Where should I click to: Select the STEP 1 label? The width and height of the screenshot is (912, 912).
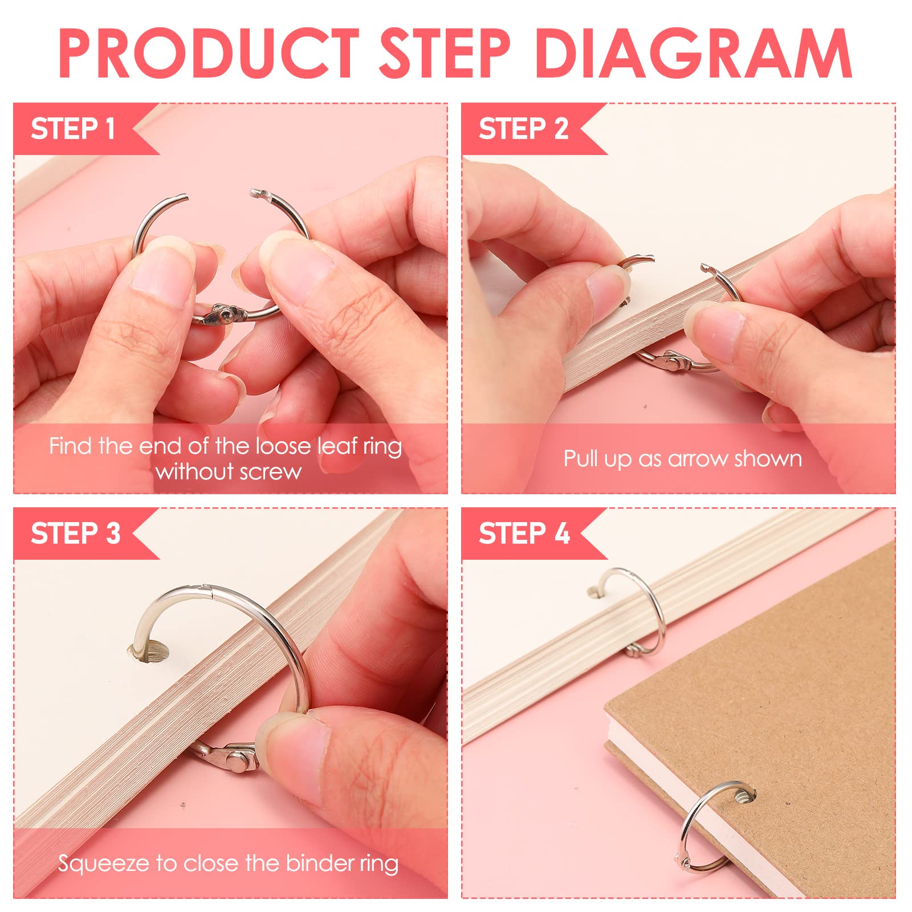(x=73, y=129)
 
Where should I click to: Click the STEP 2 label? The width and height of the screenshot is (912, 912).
(x=523, y=129)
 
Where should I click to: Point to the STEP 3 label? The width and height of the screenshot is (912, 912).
(x=76, y=534)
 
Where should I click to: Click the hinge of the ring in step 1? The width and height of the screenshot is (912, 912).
(x=222, y=315)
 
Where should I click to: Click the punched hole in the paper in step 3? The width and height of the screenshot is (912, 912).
(x=149, y=652)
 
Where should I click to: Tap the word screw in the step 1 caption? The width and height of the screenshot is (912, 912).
(x=271, y=472)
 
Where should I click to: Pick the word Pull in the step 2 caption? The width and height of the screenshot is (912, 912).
(x=583, y=458)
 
